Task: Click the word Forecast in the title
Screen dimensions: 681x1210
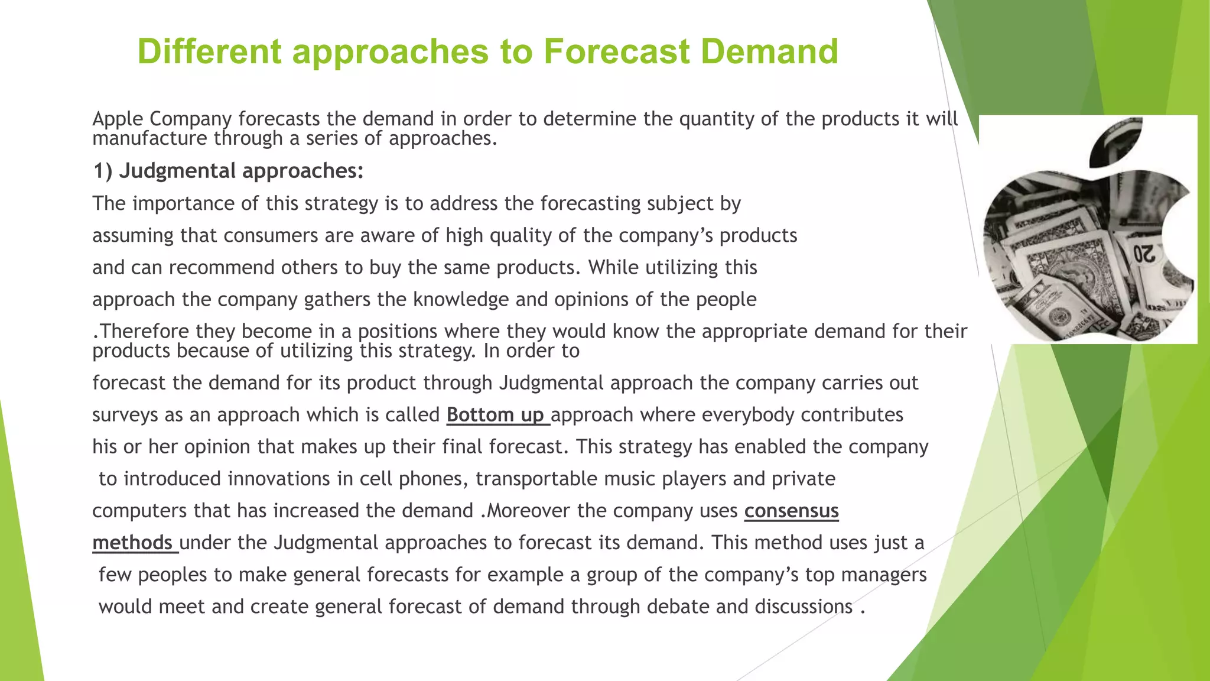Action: click(x=616, y=51)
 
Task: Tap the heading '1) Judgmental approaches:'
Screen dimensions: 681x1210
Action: click(x=228, y=171)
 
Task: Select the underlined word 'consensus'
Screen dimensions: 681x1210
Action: click(x=791, y=511)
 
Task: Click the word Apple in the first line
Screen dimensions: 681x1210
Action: click(x=118, y=119)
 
